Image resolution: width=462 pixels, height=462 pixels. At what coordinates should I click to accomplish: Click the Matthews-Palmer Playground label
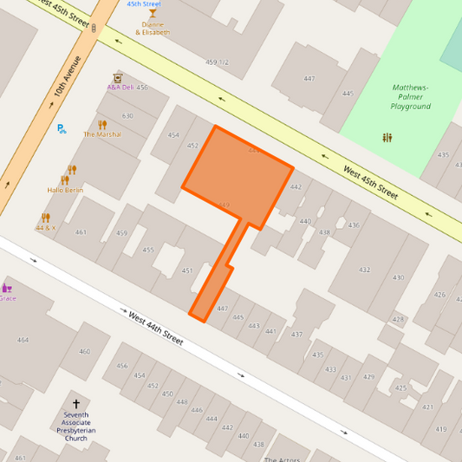(410, 97)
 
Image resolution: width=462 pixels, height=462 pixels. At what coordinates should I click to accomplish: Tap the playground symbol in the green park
(387, 137)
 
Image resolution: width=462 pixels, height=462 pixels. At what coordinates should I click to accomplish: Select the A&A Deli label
(120, 88)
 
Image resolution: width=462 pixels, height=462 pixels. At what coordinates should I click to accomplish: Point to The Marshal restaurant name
(102, 134)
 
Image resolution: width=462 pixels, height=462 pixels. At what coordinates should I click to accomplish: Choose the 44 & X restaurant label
(45, 228)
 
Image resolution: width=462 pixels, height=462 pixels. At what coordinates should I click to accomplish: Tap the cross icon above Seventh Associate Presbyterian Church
(76, 404)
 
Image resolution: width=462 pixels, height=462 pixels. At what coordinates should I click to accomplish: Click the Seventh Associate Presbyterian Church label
(76, 426)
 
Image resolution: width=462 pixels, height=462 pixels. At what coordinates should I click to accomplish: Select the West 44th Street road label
(156, 329)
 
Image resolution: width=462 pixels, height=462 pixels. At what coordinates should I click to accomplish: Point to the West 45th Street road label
(370, 184)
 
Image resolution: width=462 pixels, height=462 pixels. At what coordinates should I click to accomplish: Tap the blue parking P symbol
(61, 129)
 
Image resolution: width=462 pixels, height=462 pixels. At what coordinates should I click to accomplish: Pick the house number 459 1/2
(217, 62)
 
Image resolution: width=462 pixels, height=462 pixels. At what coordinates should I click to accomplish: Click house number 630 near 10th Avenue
(127, 115)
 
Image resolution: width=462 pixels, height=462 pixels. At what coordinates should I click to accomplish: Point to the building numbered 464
(23, 340)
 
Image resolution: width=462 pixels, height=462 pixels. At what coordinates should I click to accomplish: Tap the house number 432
(364, 270)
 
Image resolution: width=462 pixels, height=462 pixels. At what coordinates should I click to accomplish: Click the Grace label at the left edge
(7, 298)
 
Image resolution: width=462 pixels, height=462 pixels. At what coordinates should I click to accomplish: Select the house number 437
(296, 335)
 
